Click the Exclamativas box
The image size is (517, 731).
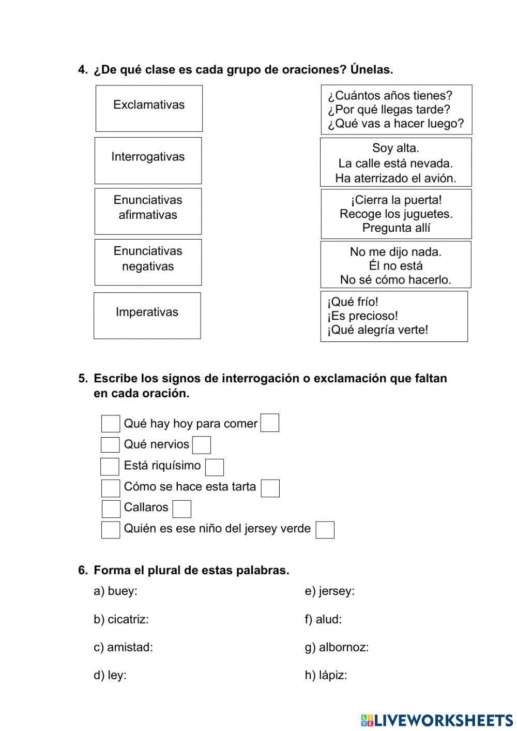[149, 108]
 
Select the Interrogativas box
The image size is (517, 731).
[148, 160]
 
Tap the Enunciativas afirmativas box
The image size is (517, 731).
[148, 211]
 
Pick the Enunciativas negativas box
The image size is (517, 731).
[148, 262]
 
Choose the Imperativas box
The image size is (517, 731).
[147, 316]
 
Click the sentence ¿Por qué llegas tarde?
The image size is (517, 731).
[389, 110]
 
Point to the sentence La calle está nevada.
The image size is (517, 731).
[396, 163]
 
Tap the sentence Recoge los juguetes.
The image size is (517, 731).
[396, 214]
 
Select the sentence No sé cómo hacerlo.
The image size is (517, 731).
[396, 280]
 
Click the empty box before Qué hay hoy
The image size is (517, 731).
[110, 424]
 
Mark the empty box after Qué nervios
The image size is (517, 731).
[202, 445]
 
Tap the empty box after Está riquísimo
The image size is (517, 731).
[215, 467]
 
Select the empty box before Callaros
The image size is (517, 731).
[111, 509]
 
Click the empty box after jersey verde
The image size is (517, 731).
[325, 530]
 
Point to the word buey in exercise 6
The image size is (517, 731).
[121, 591]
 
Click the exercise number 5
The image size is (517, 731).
[83, 378]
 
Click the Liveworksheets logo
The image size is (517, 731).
[437, 720]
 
